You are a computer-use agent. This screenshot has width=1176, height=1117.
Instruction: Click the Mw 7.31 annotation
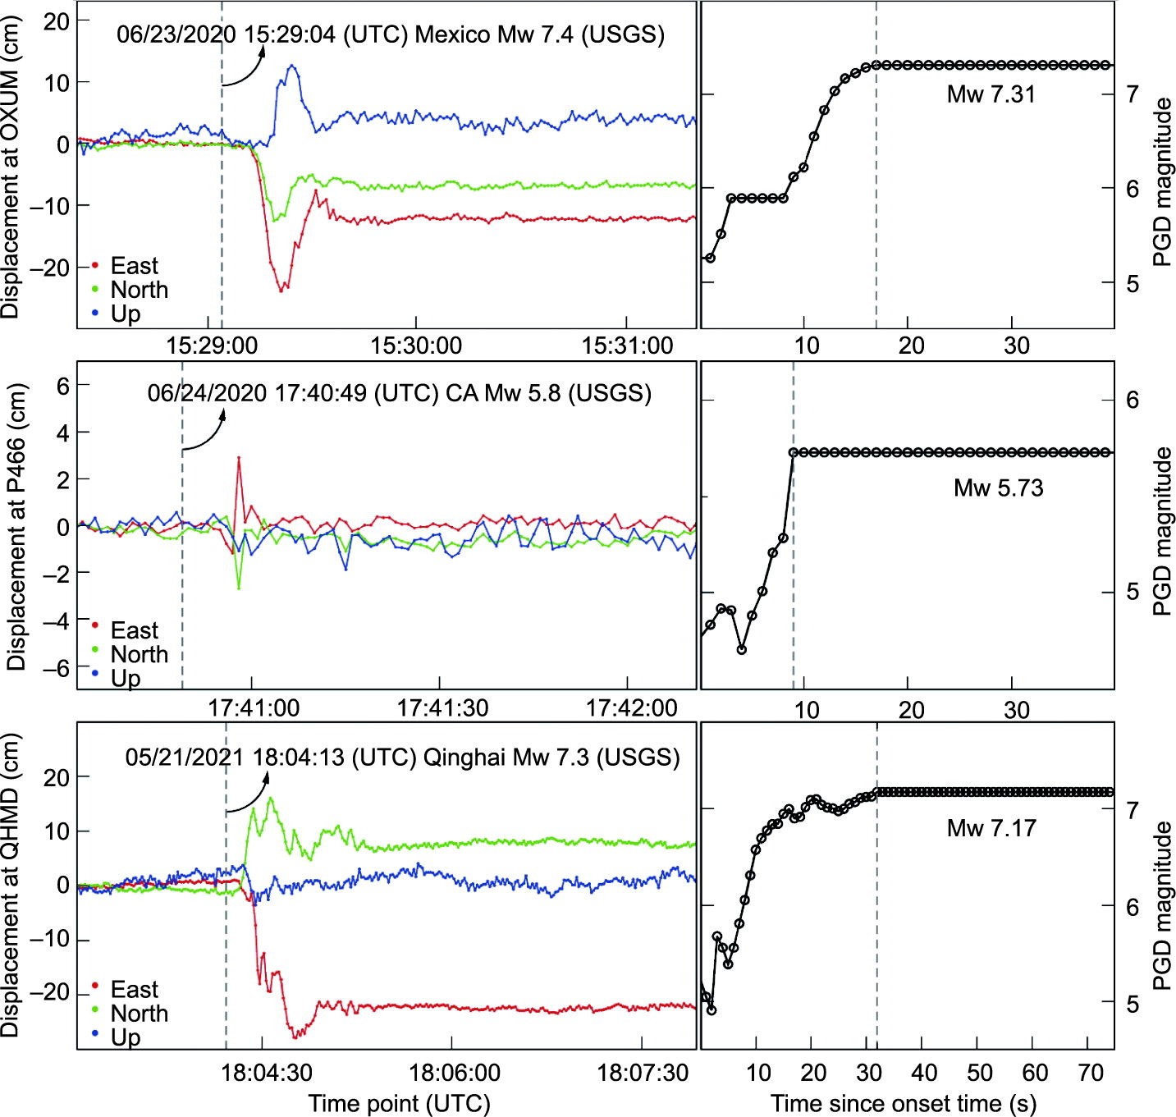991,94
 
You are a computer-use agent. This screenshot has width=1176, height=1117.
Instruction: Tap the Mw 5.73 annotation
998,488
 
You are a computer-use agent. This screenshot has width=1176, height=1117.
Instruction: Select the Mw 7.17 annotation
991,828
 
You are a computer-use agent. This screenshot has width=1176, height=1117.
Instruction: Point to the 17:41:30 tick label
442,707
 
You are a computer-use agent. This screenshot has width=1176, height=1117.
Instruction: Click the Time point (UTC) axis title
399,1103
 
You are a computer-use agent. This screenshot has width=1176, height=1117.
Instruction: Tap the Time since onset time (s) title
903,1103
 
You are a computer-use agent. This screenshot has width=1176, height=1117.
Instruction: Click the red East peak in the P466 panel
239,458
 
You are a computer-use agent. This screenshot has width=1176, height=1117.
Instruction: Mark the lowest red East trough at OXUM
281,291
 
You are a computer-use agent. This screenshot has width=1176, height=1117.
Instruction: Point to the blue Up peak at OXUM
291,66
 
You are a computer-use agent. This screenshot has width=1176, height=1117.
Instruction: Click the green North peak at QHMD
269,798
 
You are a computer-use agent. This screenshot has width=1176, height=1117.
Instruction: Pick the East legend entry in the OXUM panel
134,266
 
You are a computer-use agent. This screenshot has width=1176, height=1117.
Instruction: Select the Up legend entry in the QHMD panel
125,1037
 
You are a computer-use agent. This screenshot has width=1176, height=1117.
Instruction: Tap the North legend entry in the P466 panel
139,654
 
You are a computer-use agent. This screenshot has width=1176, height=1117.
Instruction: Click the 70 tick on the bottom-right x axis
1090,1073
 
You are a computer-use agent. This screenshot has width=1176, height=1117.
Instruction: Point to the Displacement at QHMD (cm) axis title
11,885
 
